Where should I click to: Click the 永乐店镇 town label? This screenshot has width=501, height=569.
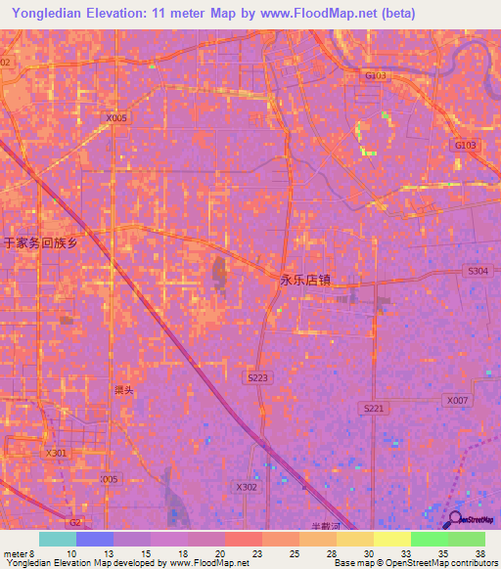click(305, 280)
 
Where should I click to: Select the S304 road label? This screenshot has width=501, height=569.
click(478, 271)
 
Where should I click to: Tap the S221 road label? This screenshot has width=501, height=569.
click(373, 408)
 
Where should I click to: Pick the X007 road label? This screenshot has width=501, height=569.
click(457, 400)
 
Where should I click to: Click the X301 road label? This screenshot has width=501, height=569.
click(57, 453)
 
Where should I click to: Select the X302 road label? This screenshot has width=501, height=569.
click(246, 487)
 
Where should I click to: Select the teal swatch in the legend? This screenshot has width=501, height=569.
click(58, 539)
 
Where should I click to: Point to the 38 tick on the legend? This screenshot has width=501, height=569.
click(479, 553)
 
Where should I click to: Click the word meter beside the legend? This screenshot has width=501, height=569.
click(16, 553)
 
